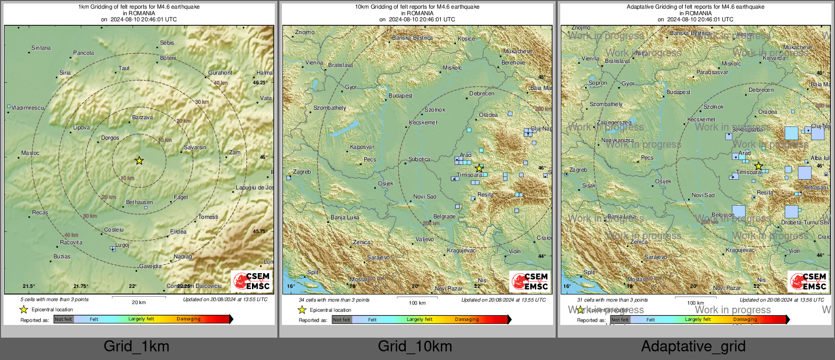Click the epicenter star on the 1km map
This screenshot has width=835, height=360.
(x=139, y=160)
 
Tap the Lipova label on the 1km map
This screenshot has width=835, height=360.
(x=81, y=127)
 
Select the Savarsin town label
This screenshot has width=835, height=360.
(x=195, y=147)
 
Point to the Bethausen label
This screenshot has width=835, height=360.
(x=139, y=202)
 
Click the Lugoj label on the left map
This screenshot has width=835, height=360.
(x=122, y=245)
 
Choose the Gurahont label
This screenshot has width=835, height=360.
(x=220, y=73)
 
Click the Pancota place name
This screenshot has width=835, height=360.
(x=83, y=53)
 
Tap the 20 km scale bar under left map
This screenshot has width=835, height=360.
(x=139, y=300)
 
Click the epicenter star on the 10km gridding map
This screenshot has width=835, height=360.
(x=479, y=168)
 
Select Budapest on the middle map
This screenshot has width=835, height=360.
(x=400, y=95)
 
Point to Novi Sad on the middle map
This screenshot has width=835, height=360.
(x=425, y=197)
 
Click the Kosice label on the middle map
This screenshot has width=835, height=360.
(x=466, y=39)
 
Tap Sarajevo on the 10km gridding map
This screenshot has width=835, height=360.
(x=378, y=257)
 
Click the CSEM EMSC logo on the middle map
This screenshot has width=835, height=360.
(x=530, y=281)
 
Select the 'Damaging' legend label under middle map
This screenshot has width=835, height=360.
(x=466, y=319)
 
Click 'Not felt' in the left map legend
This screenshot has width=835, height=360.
(x=63, y=319)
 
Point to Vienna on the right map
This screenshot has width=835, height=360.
(x=590, y=58)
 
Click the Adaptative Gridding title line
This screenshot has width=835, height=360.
(x=695, y=7)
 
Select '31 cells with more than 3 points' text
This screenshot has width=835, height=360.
(x=612, y=300)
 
